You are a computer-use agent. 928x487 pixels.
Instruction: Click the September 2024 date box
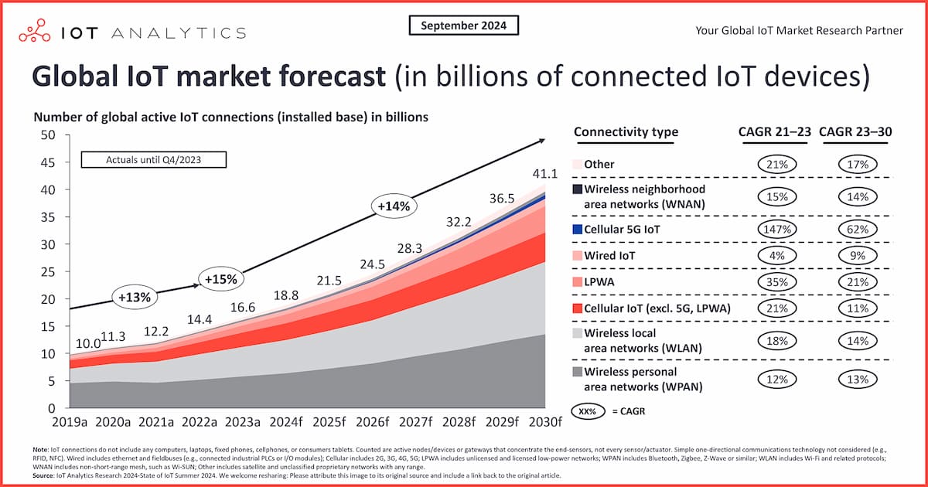coord(463,26)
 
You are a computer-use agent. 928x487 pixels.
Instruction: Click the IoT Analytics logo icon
coord(36,32)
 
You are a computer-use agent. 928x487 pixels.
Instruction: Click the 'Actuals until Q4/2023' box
coord(155,160)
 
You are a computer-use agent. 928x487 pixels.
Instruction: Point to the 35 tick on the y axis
coord(51,217)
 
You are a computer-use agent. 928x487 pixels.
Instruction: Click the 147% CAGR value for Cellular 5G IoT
coord(777,230)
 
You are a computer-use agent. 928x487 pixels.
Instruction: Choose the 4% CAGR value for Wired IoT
coord(777,256)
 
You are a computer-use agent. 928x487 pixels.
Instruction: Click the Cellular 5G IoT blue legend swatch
coord(577,230)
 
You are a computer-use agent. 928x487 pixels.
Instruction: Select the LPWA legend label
coord(599,282)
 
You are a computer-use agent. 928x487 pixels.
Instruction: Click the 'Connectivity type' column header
coord(626,132)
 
